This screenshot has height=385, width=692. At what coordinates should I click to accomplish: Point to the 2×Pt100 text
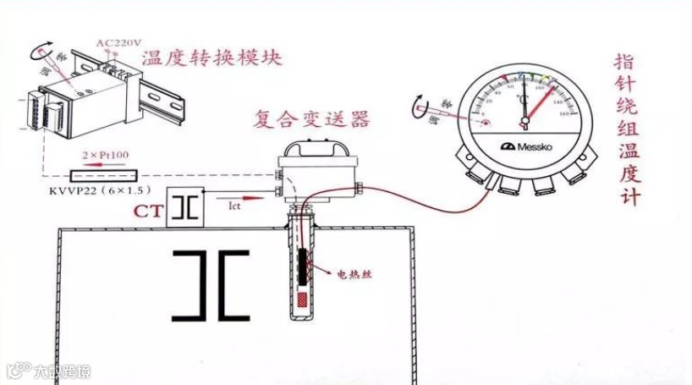pos(102,156)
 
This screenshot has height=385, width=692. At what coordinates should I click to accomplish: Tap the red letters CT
pos(149,210)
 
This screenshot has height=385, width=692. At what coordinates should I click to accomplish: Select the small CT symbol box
pos(185,207)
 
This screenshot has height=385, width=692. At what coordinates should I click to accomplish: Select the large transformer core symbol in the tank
pos(211,286)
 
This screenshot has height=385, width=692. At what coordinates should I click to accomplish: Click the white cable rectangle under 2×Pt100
pos(102,175)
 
